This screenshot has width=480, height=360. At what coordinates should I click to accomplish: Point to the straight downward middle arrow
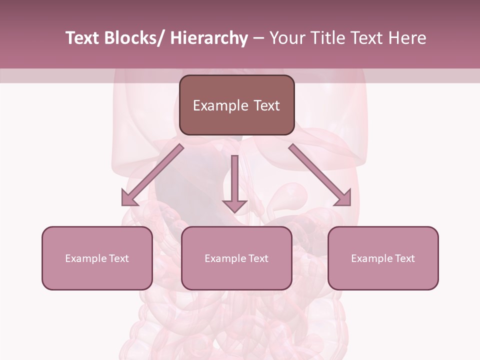click(x=234, y=180)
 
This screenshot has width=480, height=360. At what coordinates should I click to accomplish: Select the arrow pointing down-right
click(x=320, y=175)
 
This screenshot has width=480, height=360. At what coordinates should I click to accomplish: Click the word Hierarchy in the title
click(x=208, y=38)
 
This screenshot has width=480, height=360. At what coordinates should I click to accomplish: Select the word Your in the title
click(x=286, y=38)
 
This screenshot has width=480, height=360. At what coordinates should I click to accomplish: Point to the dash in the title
click(x=258, y=38)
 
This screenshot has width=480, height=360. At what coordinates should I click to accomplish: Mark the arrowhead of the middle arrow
click(x=234, y=206)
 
